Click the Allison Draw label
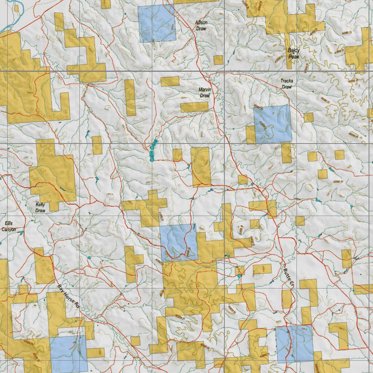click(201, 25)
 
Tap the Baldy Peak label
click(294, 54)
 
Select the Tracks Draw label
click(286, 84)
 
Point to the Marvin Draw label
click(205, 93)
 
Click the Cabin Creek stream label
click(154, 150)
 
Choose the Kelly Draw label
click(40, 208)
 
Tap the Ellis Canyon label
click(8, 226)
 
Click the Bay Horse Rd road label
click(68, 297)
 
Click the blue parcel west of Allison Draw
click(157, 23)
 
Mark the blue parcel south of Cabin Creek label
click(178, 242)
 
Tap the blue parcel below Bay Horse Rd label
click(68, 353)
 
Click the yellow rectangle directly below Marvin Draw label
click(194, 107)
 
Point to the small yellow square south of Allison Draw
click(218, 60)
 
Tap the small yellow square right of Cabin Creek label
click(177, 155)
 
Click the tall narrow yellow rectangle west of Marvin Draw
click(130, 97)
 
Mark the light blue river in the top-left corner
click(11, 18)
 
